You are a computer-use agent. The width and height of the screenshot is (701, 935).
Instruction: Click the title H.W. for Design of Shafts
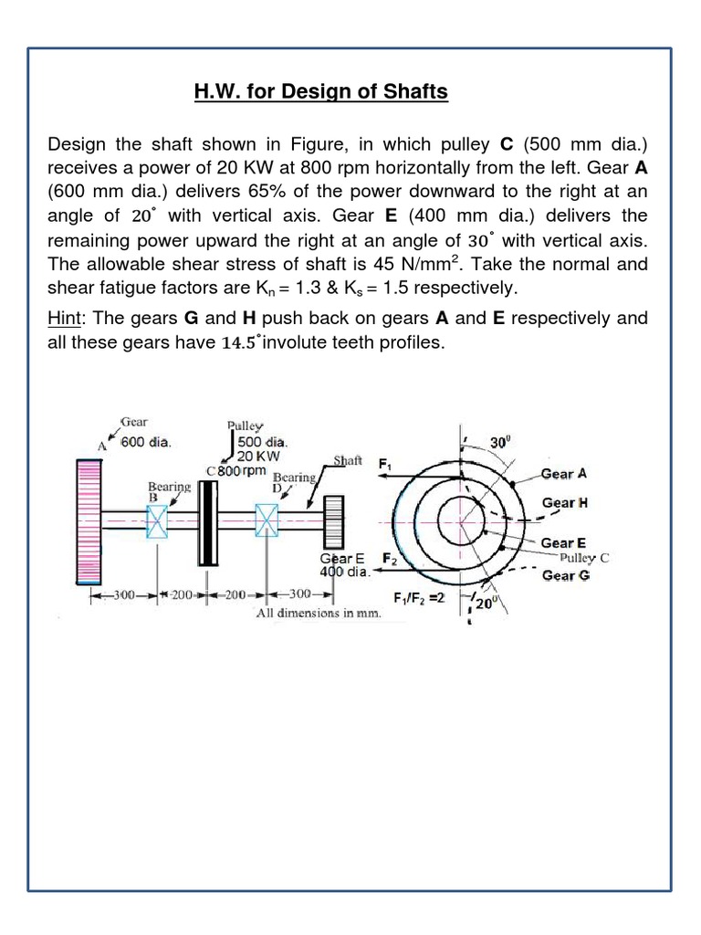(320, 92)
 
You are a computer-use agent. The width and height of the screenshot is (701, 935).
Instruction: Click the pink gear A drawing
(89, 520)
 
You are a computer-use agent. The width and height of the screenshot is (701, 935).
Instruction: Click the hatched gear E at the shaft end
(332, 522)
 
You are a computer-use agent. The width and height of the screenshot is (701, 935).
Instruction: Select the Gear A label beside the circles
(570, 474)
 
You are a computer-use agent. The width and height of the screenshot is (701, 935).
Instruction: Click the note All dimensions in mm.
(318, 614)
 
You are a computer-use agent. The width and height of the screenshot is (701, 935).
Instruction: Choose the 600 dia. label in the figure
(147, 442)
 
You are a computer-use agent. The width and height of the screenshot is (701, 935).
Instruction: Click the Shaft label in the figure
(348, 461)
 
